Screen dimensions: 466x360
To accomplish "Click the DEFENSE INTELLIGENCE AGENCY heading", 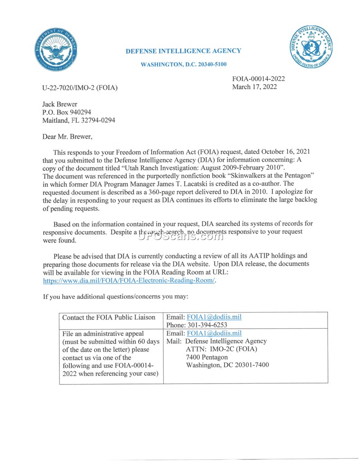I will [183, 51].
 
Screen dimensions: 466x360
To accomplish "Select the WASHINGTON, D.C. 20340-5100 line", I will [184, 65].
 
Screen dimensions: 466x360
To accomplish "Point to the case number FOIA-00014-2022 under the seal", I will [258, 79].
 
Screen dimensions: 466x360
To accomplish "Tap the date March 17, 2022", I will [254, 86].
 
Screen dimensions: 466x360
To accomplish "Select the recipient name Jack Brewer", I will [60, 104].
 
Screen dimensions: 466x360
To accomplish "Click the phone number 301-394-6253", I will [197, 325].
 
